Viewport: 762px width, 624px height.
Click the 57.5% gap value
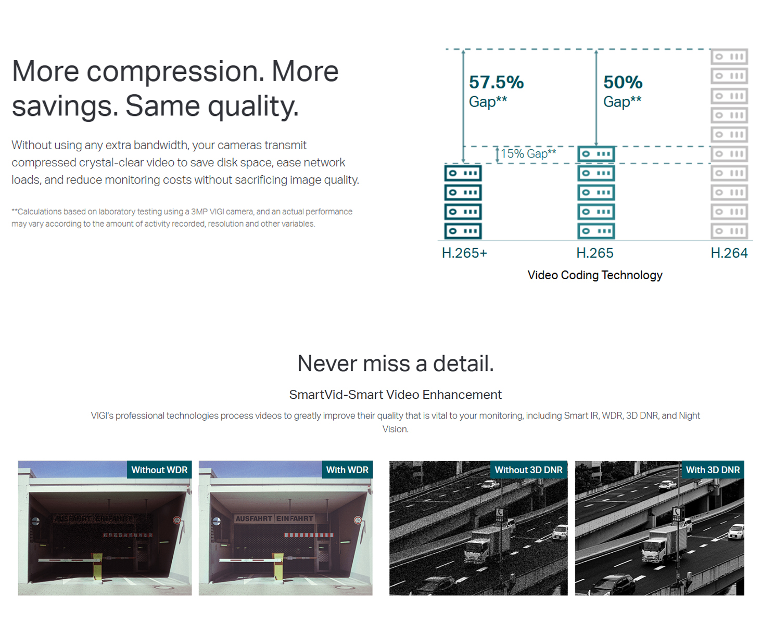coord(496,82)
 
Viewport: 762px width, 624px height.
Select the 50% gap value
coord(623,82)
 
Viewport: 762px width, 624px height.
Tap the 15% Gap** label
coord(528,154)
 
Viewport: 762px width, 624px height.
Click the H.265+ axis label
coord(464,253)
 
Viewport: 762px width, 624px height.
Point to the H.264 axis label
coord(729,253)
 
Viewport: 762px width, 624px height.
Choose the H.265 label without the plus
coord(595,253)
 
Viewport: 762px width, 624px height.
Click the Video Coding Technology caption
coord(595,275)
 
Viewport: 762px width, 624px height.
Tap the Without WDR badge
coord(159,470)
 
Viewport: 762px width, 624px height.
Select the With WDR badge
coord(347,470)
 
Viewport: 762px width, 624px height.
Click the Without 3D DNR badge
coord(529,470)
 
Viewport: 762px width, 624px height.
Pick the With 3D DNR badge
coord(713,470)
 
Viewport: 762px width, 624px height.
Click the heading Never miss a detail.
coord(395,363)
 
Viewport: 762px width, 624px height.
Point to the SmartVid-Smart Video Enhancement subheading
coord(395,395)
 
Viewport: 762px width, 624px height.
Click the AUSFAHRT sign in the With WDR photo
coord(253,518)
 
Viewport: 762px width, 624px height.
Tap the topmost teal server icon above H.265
coord(596,154)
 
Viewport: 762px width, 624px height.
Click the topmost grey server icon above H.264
coord(729,57)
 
